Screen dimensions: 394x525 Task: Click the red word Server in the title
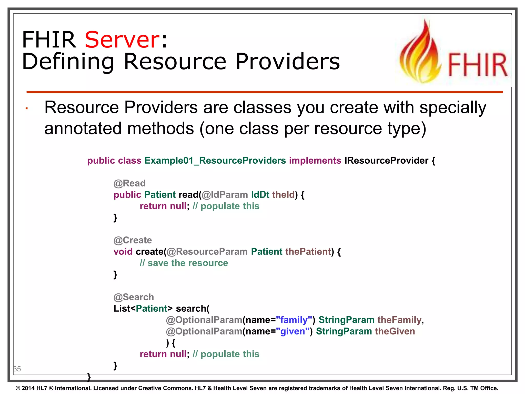pos(122,40)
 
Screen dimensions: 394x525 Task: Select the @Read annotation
pos(129,183)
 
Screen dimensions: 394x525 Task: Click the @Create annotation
pos(133,240)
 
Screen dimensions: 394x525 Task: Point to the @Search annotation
pos(134,297)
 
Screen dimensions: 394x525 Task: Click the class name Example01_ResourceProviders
pos(215,161)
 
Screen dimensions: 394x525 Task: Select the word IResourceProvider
pos(386,161)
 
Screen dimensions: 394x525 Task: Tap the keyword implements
pos(315,161)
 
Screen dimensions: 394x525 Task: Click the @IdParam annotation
pos(225,195)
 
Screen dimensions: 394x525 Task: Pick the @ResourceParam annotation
pos(207,252)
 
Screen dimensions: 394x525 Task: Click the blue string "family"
pos(294,320)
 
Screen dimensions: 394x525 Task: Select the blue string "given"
pos(293,331)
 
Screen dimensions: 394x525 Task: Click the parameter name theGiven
pos(395,331)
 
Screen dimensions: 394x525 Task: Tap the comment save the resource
pos(184,263)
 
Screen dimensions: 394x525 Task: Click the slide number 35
pos(17,369)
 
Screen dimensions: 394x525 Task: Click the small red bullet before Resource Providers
pos(26,109)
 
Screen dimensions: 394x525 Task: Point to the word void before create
pos(123,252)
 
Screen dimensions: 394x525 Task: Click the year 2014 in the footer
pos(28,388)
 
